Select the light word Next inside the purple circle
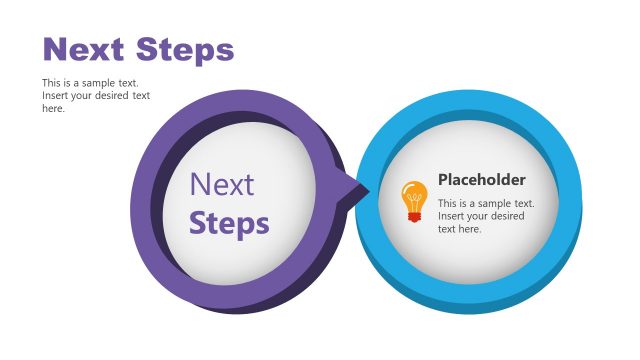[x=222, y=184]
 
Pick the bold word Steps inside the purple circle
[x=229, y=222]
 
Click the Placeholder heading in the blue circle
[x=481, y=180]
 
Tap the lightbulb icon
[x=414, y=201]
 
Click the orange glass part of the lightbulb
[x=414, y=193]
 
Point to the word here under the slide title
[x=53, y=109]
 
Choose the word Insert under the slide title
[x=56, y=96]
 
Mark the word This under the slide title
[x=51, y=83]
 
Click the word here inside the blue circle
[x=471, y=229]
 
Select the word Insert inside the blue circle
[x=452, y=216]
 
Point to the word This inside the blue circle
[x=447, y=203]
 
